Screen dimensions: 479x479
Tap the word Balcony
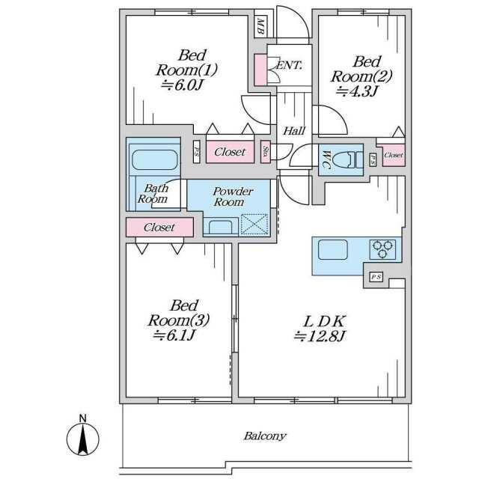pyautogui.click(x=265, y=436)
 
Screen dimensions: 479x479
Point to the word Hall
pyautogui.click(x=294, y=131)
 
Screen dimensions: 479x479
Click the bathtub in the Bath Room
pyautogui.click(x=154, y=159)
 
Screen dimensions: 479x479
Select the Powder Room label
pyautogui.click(x=231, y=197)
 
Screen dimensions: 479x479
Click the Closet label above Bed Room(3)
pyautogui.click(x=159, y=227)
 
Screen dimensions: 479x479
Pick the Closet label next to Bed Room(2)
pyautogui.click(x=393, y=156)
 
